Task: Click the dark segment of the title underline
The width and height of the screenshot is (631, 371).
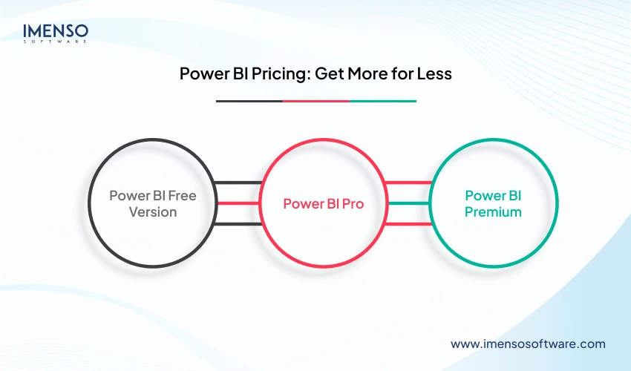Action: [x=249, y=101]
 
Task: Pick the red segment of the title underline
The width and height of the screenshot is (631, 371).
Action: [x=315, y=101]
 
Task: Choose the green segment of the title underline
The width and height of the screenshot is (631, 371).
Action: [x=382, y=101]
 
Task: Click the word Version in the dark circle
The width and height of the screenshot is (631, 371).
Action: [x=152, y=211]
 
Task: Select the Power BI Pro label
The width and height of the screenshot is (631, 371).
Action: [x=323, y=203]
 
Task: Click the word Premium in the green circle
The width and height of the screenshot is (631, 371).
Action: [x=494, y=211]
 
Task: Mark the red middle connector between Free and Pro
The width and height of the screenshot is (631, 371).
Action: [x=238, y=203]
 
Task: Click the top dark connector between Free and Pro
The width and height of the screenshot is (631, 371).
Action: [x=238, y=182]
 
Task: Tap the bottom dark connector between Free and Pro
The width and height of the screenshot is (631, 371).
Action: [x=238, y=223]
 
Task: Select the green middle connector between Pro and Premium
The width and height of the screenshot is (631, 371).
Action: [x=408, y=203]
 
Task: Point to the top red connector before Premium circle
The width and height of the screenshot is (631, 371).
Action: [x=408, y=182]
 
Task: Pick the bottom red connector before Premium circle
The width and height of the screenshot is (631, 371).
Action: [x=408, y=223]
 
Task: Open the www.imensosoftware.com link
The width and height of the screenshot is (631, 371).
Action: [x=528, y=344]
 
